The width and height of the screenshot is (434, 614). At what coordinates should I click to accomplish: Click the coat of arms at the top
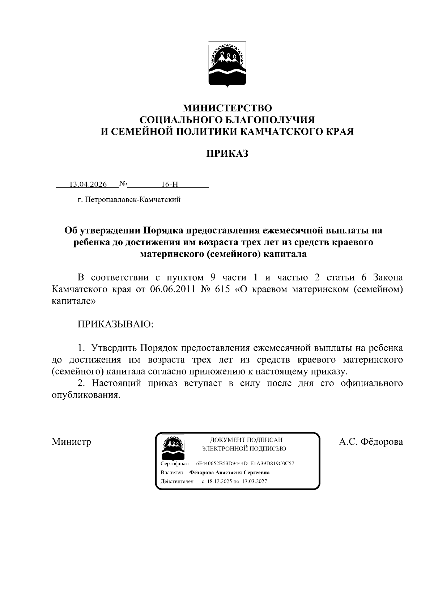point(227,64)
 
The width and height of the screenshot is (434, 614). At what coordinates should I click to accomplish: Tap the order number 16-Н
point(170,185)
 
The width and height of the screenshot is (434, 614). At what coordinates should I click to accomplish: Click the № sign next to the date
point(123,184)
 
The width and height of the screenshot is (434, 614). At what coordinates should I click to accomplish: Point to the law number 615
point(222,290)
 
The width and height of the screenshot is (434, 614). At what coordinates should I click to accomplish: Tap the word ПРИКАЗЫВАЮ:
point(116,324)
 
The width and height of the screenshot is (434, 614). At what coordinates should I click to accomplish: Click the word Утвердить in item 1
point(114,348)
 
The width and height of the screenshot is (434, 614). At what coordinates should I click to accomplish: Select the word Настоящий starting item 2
point(116,383)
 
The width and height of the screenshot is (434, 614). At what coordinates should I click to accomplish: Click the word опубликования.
point(85,395)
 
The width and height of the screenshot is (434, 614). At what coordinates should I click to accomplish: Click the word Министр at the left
point(71,442)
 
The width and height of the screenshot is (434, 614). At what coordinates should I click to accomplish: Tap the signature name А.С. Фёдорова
point(371,442)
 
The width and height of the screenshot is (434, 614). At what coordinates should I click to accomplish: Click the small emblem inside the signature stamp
point(172,448)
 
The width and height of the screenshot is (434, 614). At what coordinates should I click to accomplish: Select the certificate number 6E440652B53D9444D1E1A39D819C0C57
point(245,463)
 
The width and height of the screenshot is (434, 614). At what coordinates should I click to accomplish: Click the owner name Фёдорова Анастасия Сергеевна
point(229,473)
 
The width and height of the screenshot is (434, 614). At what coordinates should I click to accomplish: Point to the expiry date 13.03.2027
point(255,482)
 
